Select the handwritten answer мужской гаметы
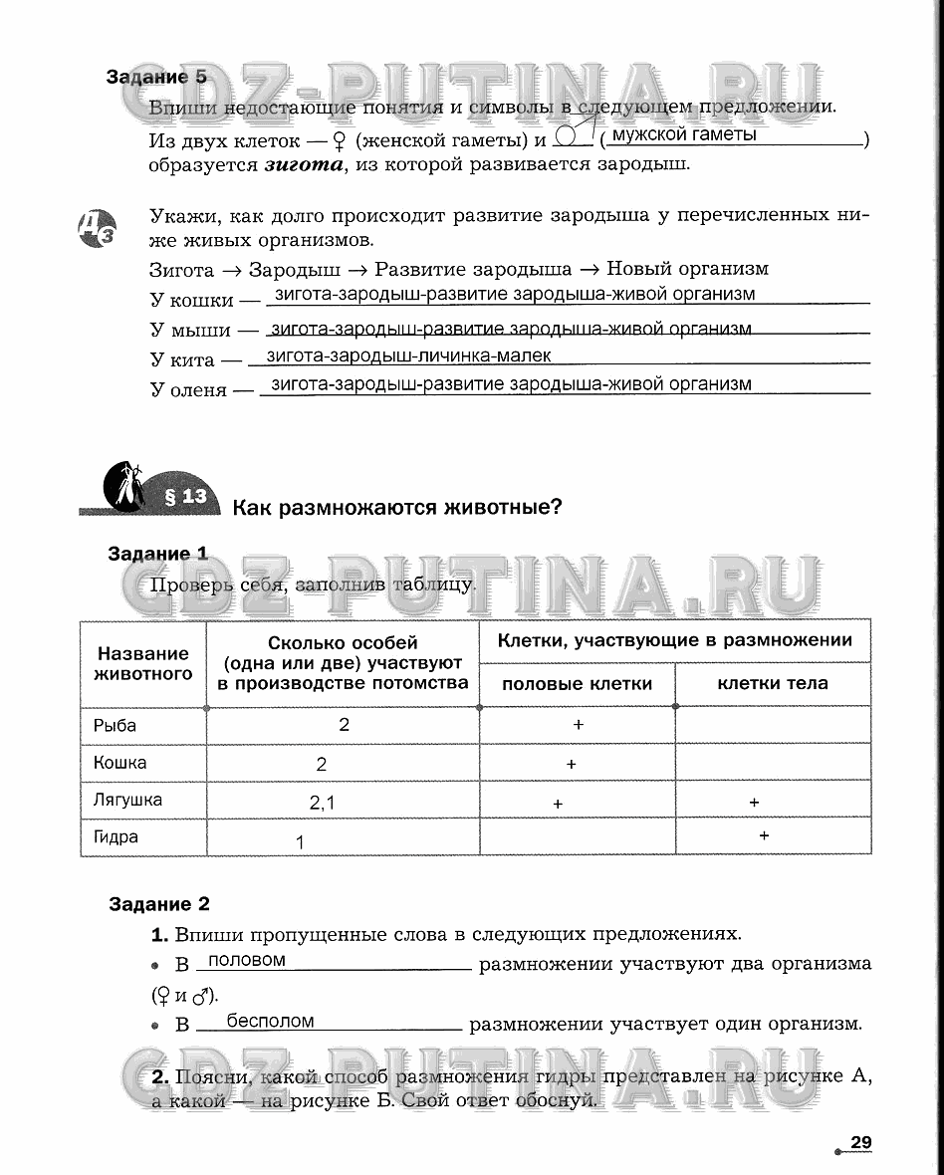tap(683, 134)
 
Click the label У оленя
tap(189, 390)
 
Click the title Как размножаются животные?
tap(397, 508)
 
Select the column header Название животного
tap(142, 664)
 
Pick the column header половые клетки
tap(577, 684)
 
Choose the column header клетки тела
tap(772, 684)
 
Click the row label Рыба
tap(115, 726)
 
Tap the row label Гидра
tap(116, 837)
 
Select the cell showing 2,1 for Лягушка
tap(323, 802)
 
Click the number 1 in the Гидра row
tap(300, 842)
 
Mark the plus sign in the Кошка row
tap(571, 764)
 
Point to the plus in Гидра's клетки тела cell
tap(764, 835)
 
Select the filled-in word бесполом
tap(270, 1021)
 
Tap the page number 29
tap(860, 1143)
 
